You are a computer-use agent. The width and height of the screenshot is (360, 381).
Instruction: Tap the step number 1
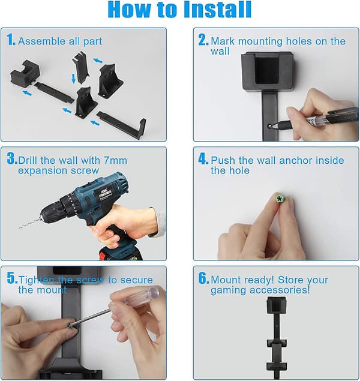click(11, 40)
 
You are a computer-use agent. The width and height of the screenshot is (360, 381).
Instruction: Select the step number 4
click(203, 159)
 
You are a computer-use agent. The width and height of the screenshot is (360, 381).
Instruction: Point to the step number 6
click(203, 278)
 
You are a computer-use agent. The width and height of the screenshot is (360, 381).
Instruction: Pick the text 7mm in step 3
click(115, 160)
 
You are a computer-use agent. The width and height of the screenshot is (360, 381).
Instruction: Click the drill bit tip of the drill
click(20, 227)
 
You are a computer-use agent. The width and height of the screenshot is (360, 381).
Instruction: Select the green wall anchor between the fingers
click(280, 198)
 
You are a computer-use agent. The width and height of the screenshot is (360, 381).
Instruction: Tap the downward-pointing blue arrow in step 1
click(73, 79)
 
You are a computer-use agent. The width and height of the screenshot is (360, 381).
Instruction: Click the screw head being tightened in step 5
click(70, 325)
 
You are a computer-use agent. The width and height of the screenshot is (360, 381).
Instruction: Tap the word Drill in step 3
click(28, 160)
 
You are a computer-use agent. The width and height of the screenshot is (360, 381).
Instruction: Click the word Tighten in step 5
click(37, 280)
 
